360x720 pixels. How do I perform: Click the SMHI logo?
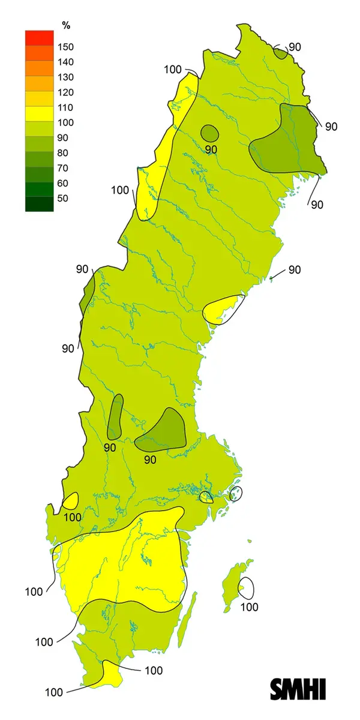pyautogui.click(x=298, y=689)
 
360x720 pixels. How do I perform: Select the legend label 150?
pyautogui.click(x=65, y=47)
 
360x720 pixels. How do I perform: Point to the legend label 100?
pyautogui.click(x=65, y=123)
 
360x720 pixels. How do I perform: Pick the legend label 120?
pyautogui.click(x=65, y=92)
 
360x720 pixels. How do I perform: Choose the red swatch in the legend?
pyautogui.click(x=39, y=37)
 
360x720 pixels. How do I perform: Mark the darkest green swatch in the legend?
pyautogui.click(x=39, y=204)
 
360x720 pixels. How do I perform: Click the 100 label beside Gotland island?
pyautogui.click(x=250, y=607)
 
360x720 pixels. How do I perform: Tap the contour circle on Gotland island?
pyautogui.click(x=246, y=587)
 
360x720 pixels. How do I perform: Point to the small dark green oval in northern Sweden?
pyautogui.click(x=209, y=133)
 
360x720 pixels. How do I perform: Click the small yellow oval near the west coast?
pyautogui.click(x=71, y=500)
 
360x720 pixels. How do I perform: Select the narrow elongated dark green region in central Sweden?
pyautogui.click(x=115, y=416)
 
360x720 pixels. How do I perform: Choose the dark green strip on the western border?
pyautogui.click(x=87, y=292)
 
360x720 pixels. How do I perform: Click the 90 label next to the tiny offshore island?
pyautogui.click(x=294, y=269)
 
